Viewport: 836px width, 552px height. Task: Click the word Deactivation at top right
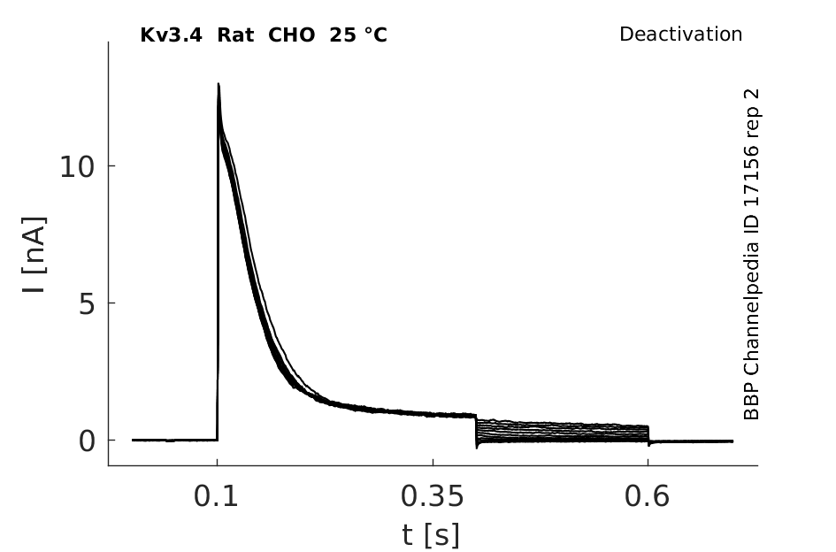tap(680, 34)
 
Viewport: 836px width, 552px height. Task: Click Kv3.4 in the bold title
tap(171, 35)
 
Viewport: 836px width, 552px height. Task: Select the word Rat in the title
tap(235, 35)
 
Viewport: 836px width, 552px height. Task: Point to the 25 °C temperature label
tap(358, 35)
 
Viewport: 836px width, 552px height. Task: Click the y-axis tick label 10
tap(77, 167)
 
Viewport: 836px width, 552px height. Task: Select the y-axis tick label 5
tap(87, 304)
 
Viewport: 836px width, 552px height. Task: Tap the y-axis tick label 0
tap(87, 441)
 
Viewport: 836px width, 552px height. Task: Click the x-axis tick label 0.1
tap(215, 496)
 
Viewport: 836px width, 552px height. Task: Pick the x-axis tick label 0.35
tap(433, 496)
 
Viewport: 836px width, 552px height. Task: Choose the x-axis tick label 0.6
tap(647, 496)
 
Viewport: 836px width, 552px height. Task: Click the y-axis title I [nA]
tap(35, 255)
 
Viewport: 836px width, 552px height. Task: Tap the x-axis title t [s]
tap(430, 535)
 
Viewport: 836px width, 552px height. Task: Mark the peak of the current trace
tap(219, 84)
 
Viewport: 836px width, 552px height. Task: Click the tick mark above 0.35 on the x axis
tap(433, 463)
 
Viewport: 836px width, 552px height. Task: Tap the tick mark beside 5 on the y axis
tap(112, 303)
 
